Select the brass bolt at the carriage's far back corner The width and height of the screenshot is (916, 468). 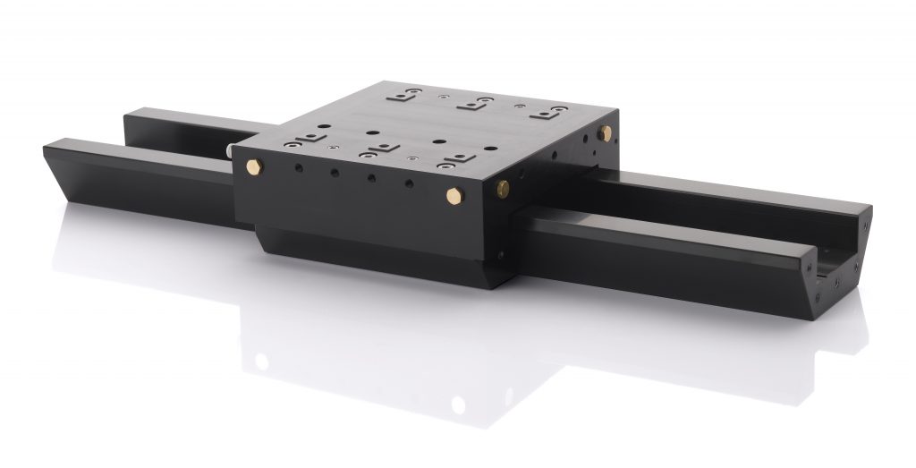(x=606, y=132)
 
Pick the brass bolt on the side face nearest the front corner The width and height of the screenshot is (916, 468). (x=503, y=188)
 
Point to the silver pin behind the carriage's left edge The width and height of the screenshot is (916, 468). (x=233, y=153)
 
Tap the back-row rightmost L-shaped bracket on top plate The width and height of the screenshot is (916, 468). (x=542, y=113)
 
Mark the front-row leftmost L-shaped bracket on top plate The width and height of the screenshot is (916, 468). (x=307, y=137)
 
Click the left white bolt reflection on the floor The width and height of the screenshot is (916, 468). (x=262, y=362)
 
